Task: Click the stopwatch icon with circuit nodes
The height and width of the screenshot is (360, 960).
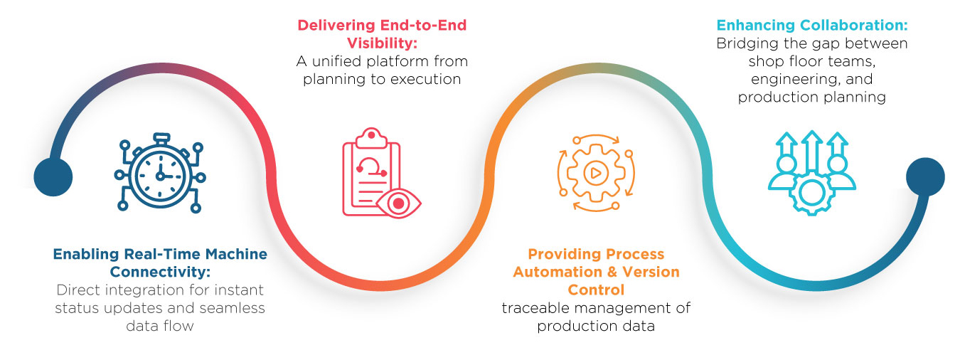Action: click(x=160, y=174)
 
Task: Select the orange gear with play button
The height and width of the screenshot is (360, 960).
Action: click(x=596, y=173)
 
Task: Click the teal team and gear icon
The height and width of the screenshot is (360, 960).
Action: click(x=811, y=173)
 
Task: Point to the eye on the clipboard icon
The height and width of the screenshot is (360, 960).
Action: click(x=398, y=203)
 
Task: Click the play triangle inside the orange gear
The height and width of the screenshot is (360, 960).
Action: click(x=596, y=173)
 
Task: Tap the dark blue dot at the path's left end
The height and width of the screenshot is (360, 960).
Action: click(x=53, y=177)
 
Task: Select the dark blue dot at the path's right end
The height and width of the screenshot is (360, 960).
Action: click(x=925, y=177)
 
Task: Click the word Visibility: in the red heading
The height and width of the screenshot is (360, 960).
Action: click(x=382, y=43)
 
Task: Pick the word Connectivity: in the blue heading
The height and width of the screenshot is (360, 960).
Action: click(x=160, y=272)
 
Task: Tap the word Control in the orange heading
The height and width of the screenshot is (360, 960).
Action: click(x=596, y=290)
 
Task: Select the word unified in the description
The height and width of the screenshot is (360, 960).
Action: click(x=337, y=61)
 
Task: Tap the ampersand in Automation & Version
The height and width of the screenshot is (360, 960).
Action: click(x=612, y=272)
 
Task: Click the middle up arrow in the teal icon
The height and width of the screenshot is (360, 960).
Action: click(x=811, y=152)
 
